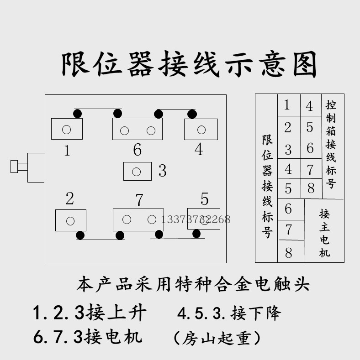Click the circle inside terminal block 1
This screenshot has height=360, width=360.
(67, 129)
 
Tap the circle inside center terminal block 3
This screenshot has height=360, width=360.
(136, 172)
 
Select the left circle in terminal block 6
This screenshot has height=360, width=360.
(124, 131)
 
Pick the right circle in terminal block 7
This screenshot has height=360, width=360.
(152, 219)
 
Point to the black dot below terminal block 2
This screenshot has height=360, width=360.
(80, 235)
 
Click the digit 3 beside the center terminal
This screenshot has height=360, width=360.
(162, 171)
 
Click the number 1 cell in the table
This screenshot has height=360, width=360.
(287, 105)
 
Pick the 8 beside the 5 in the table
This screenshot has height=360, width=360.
(311, 188)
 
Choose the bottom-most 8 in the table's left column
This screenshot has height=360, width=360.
(288, 252)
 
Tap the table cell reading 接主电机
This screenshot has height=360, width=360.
(324, 233)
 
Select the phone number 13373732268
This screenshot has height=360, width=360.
(196, 219)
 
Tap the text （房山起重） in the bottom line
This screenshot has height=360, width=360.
(217, 338)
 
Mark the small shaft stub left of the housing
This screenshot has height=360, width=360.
(14, 167)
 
